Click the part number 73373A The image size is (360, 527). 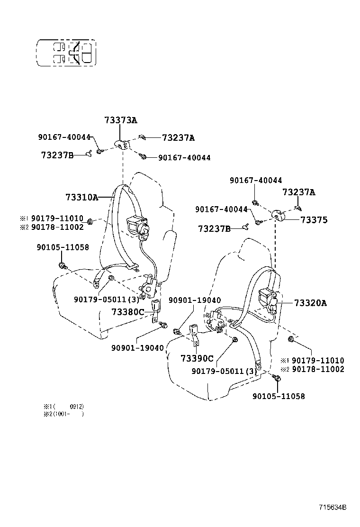coord(121,120)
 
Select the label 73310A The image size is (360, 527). coord(81,197)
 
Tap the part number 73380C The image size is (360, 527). coord(127,311)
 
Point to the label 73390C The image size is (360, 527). coord(197,358)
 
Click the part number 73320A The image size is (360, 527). coord(310,303)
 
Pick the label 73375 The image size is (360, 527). coord(314,220)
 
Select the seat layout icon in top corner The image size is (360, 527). coord(67,53)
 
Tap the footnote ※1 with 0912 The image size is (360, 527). coord(63,406)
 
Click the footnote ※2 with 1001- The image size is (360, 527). coord(63,414)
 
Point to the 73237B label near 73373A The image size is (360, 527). coord(57,154)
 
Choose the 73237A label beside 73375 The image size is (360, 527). coord(299,192)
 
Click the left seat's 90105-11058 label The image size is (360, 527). coord(63,247)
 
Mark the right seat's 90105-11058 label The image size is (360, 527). coord(279,396)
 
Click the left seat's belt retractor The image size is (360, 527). coord(137,225)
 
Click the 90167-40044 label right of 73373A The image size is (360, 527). coord(184,157)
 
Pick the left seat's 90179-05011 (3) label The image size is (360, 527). coord(107,299)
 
